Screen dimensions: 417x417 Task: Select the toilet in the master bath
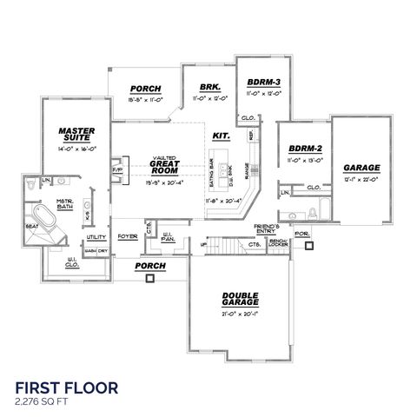tap(32, 186)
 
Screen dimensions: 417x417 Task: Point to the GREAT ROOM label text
tap(163, 163)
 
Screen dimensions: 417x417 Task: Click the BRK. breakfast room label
tap(208, 88)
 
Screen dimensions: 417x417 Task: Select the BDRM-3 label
tap(257, 79)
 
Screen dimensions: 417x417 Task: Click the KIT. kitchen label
tap(221, 136)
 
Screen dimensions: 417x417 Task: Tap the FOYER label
tap(129, 235)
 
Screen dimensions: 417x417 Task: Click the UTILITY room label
tap(96, 236)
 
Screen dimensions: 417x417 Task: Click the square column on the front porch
tap(151, 279)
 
